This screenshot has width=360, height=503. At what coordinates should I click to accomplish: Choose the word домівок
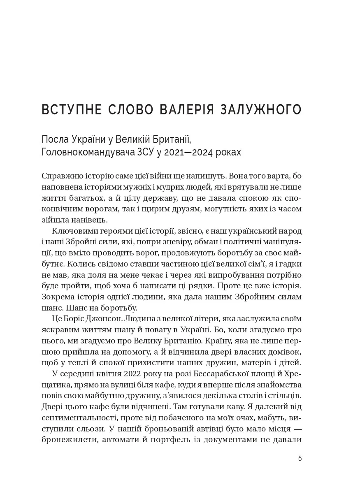coord(287,352)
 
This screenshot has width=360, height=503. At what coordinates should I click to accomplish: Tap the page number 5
coord(300,459)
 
